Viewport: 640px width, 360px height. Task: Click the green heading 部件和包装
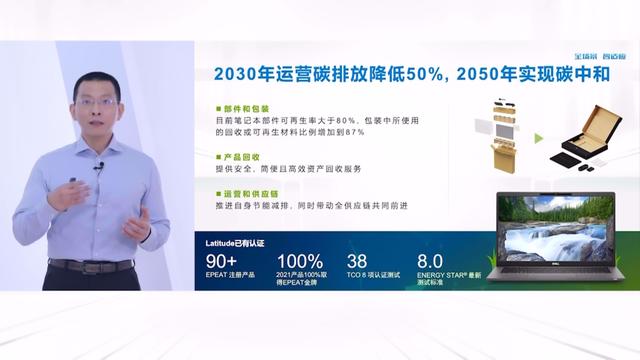pos(246,108)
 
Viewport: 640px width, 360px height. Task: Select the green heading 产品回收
pos(240,157)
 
